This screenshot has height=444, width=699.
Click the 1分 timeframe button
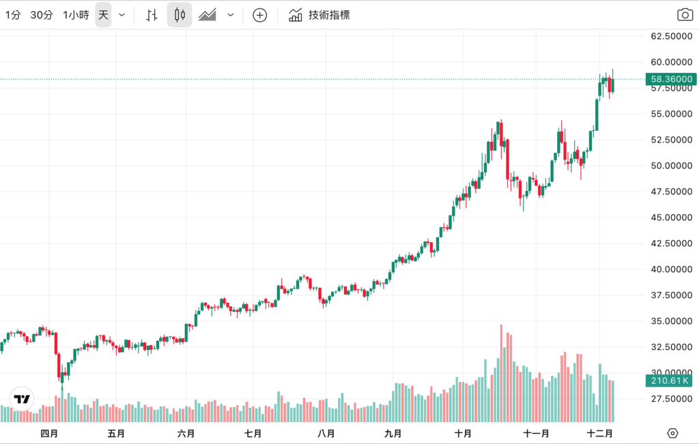(12, 15)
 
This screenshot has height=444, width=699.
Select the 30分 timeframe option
(42, 15)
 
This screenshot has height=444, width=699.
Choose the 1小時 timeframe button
(76, 15)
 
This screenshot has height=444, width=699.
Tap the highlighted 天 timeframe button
(103, 15)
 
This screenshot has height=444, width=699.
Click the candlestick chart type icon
(180, 15)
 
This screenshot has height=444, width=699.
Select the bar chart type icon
(152, 15)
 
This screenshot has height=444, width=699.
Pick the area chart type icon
(208, 15)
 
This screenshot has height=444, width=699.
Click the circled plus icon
(259, 15)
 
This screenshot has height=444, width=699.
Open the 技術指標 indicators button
(319, 15)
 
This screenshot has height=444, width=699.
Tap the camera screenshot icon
(684, 15)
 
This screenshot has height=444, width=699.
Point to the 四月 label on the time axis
(49, 433)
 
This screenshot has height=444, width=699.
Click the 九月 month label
(393, 433)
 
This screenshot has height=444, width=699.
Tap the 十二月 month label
(600, 433)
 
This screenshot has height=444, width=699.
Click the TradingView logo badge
(22, 399)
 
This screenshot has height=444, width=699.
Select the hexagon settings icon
(672, 433)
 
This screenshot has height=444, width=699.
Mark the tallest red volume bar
(501, 373)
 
